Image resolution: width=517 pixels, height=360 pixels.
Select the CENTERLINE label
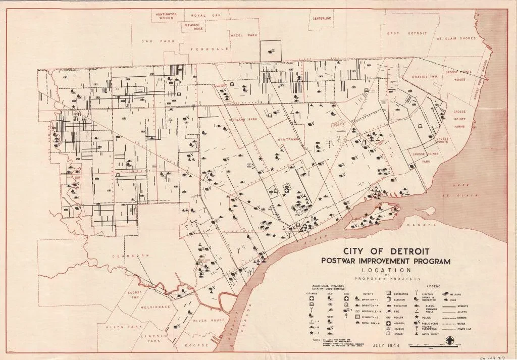[322, 19]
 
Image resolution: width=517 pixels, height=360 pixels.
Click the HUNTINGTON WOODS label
[166, 16]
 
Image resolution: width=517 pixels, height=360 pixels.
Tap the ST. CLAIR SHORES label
[456, 38]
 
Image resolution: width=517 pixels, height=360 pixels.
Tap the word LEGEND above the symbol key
[433, 286]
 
